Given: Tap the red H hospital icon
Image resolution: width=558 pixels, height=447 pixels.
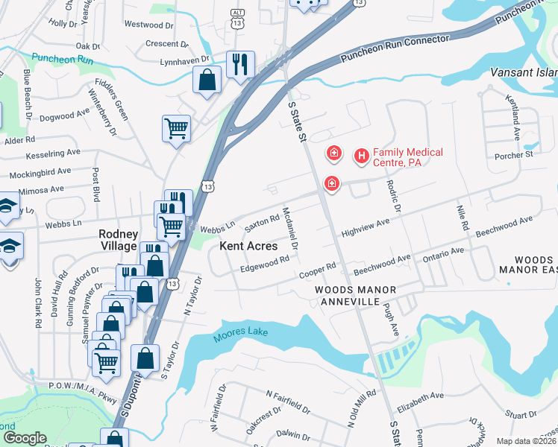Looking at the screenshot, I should click(x=362, y=156).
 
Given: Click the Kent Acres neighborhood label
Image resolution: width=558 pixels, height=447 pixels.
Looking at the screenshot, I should click(x=248, y=245).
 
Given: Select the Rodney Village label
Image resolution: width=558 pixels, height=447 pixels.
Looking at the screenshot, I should click(x=118, y=239).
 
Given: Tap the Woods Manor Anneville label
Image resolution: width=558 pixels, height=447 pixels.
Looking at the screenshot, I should click(x=351, y=295).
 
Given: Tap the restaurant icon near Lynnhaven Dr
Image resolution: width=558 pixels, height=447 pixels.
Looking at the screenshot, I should click(x=240, y=64).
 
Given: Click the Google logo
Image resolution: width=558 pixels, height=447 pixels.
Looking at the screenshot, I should click(x=25, y=438).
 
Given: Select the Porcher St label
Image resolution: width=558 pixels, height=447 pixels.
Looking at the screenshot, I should click(x=514, y=155).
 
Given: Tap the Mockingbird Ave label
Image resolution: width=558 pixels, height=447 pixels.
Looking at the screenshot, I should click(x=40, y=174).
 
